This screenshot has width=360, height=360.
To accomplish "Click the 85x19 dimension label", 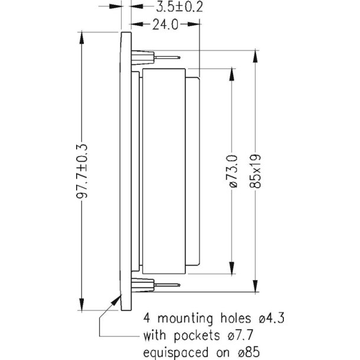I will (x=255, y=171).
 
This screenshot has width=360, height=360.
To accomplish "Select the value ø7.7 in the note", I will (x=240, y=338).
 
